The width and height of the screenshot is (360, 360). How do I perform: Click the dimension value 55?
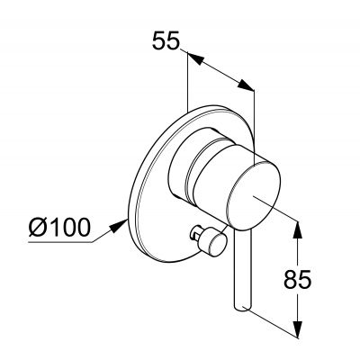click(x=166, y=41)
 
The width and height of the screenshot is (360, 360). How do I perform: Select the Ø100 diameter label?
click(x=59, y=227)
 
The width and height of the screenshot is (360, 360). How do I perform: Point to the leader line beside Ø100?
click(x=106, y=230)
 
